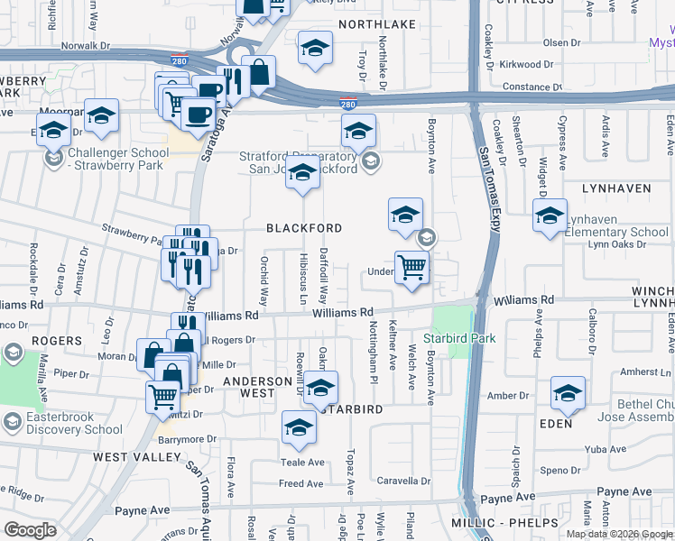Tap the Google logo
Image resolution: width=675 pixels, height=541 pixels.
click(x=30, y=530)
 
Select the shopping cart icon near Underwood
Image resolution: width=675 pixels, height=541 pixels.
click(x=411, y=268)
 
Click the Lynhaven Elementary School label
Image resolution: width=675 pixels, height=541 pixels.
click(x=619, y=232)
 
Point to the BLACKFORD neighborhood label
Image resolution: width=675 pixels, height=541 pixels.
click(x=304, y=228)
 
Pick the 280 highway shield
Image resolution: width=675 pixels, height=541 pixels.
click(x=347, y=105)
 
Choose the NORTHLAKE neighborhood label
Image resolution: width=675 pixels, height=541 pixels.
click(x=372, y=24)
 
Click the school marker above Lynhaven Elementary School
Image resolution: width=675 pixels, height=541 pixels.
click(x=550, y=216)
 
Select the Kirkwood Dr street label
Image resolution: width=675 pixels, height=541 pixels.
click(x=526, y=64)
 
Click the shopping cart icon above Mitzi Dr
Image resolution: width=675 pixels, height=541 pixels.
click(x=162, y=396)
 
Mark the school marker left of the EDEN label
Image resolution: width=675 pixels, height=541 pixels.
click(x=568, y=393)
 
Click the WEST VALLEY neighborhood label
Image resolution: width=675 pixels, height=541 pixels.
click(x=137, y=457)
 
